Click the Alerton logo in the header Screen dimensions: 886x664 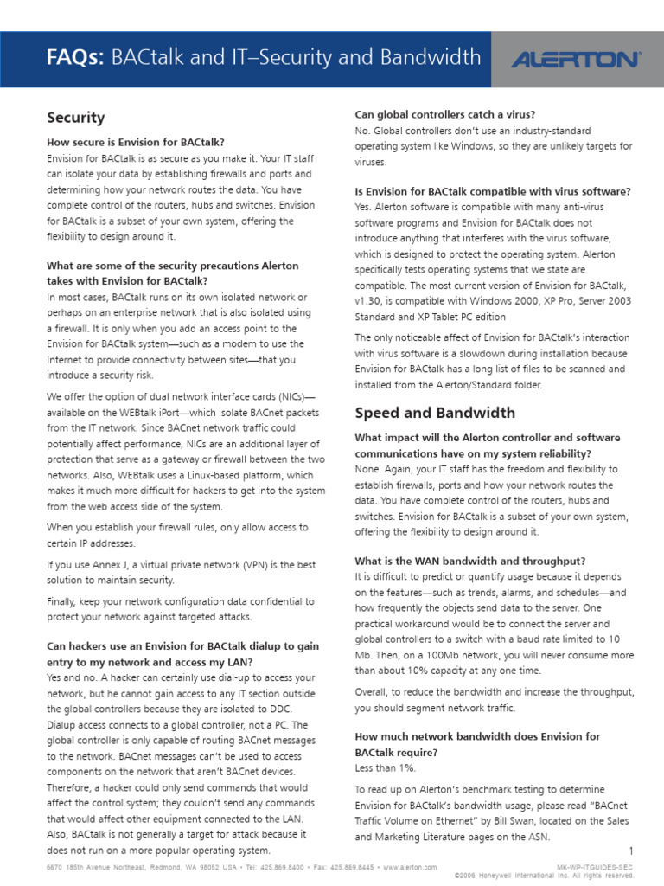click(575, 60)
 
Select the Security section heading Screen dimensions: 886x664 click(75, 118)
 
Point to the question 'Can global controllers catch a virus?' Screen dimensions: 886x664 click(444, 114)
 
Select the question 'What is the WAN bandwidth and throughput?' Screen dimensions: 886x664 click(469, 561)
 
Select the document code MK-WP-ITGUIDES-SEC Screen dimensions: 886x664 click(597, 867)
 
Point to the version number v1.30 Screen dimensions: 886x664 click(370, 300)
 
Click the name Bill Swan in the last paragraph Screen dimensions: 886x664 click(495, 821)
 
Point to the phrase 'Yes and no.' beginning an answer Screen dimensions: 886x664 click(73, 678)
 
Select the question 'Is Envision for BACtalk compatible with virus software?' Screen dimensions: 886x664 click(492, 191)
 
